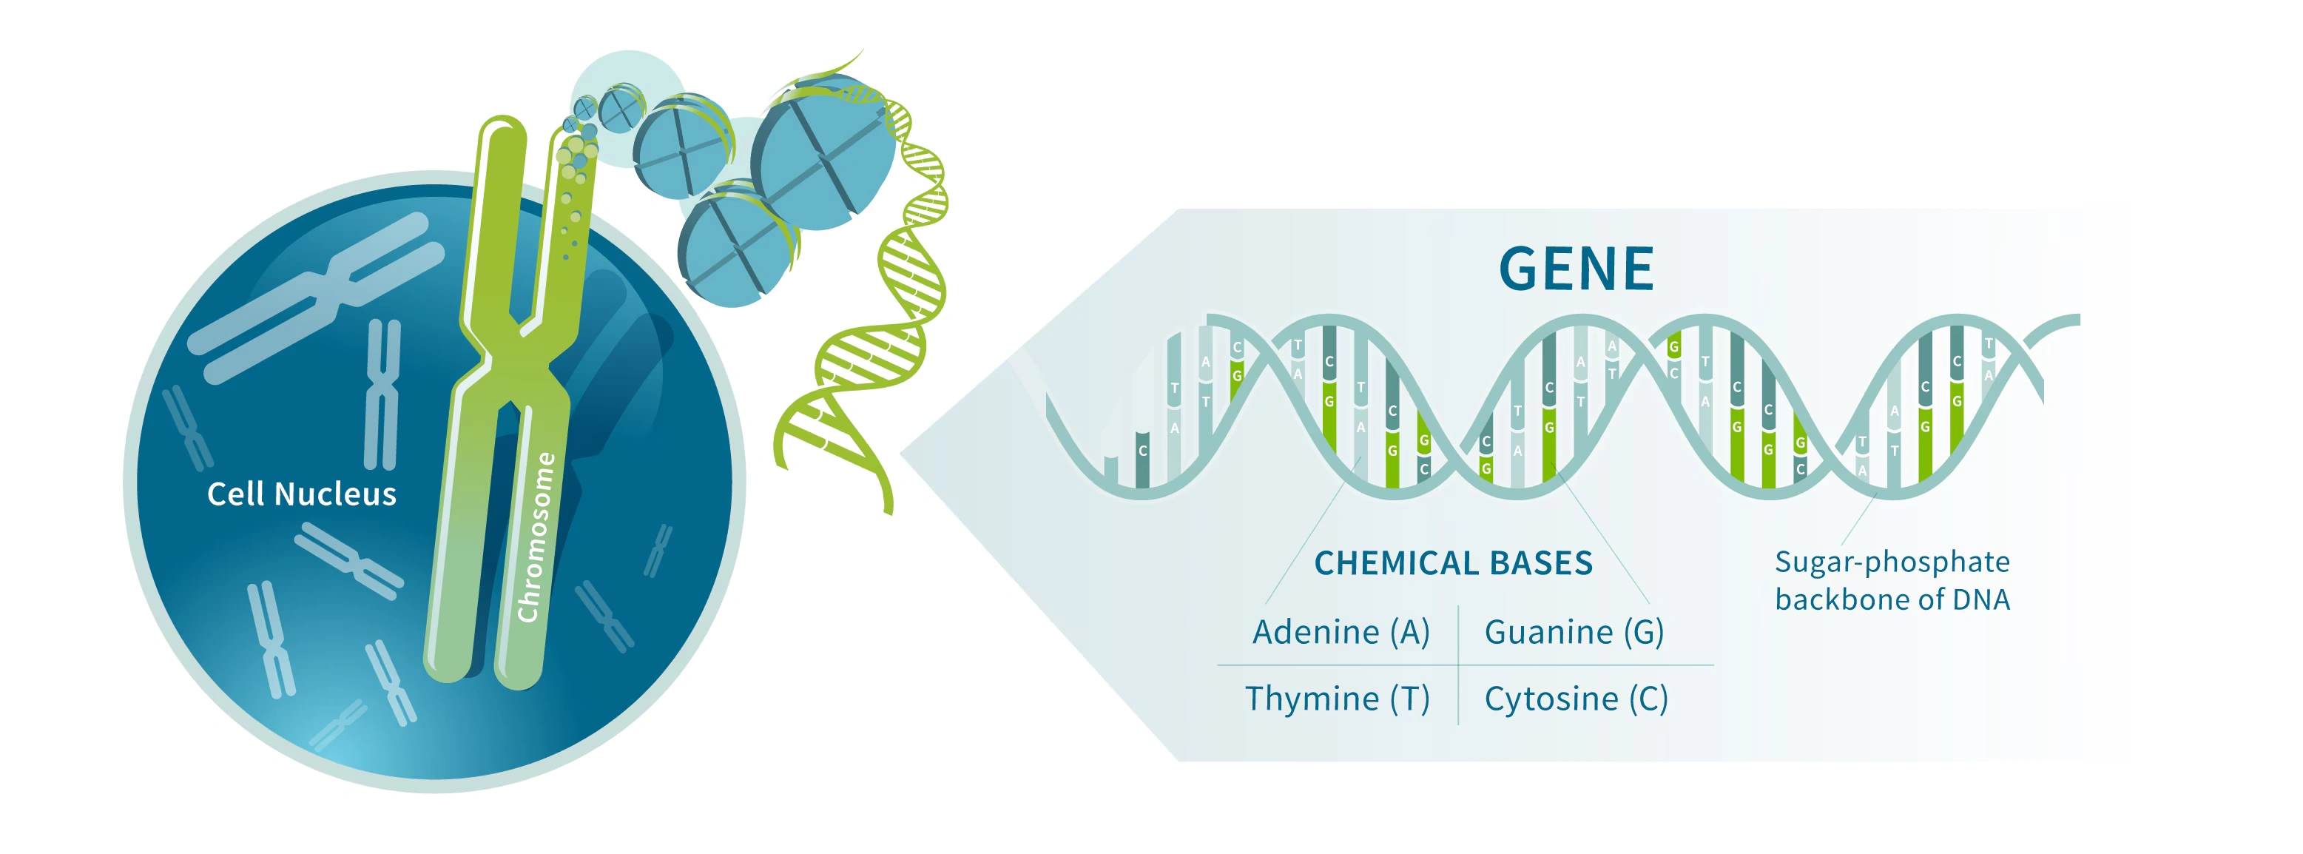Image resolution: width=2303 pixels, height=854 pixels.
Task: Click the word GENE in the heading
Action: tap(1577, 269)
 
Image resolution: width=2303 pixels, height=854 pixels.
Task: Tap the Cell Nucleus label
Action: tap(301, 494)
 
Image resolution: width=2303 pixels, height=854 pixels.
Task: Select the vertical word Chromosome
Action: tap(536, 537)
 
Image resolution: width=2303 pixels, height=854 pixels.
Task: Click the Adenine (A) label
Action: tap(1341, 632)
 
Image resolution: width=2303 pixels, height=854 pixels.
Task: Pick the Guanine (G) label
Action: tap(1574, 632)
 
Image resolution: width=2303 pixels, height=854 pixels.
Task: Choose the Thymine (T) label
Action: tap(1338, 699)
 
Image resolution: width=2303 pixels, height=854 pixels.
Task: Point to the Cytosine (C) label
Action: tap(1577, 699)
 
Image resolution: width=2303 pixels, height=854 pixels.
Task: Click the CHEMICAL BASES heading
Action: tap(1454, 563)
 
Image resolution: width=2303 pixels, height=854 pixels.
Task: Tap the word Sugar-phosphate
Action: tap(1892, 562)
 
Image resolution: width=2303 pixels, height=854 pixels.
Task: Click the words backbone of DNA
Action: tap(1892, 599)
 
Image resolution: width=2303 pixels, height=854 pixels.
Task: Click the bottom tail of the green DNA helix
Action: tap(887, 502)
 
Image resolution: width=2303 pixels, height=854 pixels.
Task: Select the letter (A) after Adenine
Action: tap(1410, 632)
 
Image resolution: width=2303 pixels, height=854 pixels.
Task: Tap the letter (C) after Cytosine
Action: tap(1648, 699)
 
